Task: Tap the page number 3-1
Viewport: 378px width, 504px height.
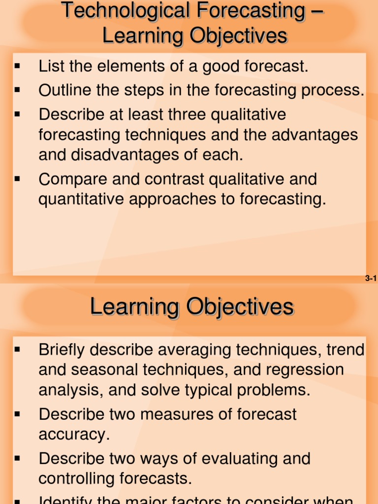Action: coord(371,279)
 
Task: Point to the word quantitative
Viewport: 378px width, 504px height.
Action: coord(81,199)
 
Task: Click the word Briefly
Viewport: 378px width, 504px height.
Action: coord(64,350)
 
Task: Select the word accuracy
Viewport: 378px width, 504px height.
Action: coord(73,435)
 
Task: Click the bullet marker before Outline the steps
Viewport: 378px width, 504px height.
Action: coord(17,91)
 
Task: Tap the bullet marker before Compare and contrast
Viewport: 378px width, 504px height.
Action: coord(17,179)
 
